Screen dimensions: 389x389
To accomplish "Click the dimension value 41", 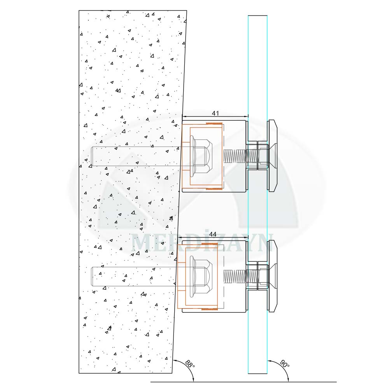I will tap(216, 113).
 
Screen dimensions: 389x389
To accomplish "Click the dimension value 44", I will tap(213, 234).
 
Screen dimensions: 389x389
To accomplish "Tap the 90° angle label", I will tap(284, 365).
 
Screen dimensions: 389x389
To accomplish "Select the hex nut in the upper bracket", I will tap(202, 156).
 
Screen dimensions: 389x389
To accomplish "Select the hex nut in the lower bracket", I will tap(202, 277).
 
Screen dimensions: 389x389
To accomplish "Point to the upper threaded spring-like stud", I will tap(235, 156).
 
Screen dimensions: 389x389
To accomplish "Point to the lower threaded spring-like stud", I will tap(235, 277).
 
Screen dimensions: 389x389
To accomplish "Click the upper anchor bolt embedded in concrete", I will tap(136, 156).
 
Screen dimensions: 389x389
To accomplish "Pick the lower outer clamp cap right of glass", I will tap(272, 277).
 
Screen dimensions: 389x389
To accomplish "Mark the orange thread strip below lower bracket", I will tap(212, 309).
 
